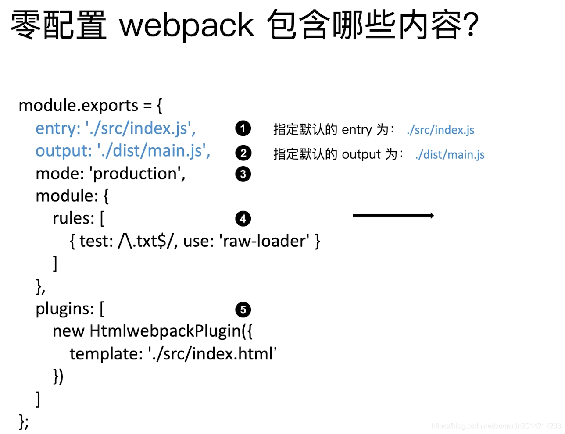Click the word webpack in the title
(x=186, y=25)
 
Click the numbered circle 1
(x=243, y=128)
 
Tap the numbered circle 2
(x=243, y=153)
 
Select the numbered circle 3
(x=243, y=174)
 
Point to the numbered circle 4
(x=243, y=218)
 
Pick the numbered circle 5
(x=243, y=309)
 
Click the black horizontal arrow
(x=393, y=215)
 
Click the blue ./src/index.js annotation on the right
(x=440, y=130)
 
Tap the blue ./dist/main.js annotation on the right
(x=450, y=155)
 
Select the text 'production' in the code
(x=136, y=174)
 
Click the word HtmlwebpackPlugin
(x=165, y=331)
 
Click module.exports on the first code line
(x=79, y=106)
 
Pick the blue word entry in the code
(x=56, y=128)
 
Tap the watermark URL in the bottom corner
(x=496, y=426)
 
